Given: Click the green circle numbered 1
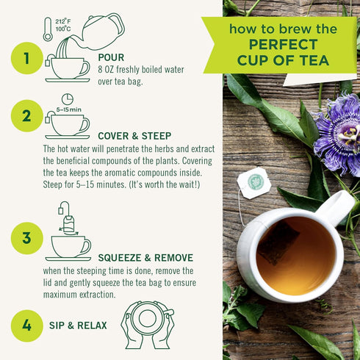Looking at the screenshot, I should [x=27, y=59].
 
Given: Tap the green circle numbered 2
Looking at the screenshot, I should [x=27, y=115].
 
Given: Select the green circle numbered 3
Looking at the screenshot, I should [x=27, y=237].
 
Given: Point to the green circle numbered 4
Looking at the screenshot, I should [x=27, y=325].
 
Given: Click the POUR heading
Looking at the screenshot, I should [x=111, y=56].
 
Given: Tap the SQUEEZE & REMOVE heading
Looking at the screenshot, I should [x=145, y=258].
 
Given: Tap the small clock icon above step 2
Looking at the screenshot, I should [x=67, y=98].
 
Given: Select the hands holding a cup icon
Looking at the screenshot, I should [x=147, y=324].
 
